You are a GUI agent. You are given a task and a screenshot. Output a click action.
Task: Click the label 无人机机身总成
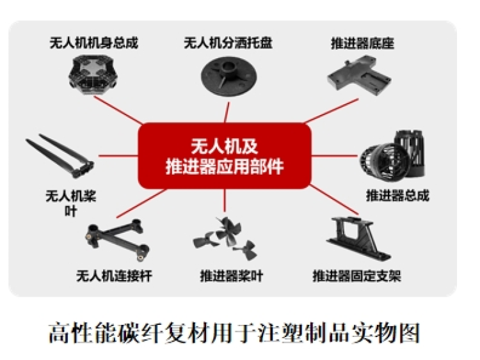pos(93,43)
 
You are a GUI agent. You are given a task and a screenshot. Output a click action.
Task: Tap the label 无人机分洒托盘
pos(228,43)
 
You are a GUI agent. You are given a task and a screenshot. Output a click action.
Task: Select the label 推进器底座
pos(362,43)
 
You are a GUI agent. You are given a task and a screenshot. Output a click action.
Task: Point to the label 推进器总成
pos(397,196)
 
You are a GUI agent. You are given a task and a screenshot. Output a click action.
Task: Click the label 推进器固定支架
pos(356,276)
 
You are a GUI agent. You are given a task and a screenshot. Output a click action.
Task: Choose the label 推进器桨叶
pos(232,276)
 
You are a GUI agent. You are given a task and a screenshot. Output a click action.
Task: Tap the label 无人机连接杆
pos(114,276)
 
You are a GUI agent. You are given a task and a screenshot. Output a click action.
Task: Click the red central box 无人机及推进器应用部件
pos(225,156)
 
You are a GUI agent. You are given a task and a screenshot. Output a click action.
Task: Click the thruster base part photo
pos(359,74)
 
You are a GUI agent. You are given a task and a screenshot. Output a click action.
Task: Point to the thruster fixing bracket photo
pos(358,238)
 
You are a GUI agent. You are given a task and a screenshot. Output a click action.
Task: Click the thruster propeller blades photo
pos(226,238)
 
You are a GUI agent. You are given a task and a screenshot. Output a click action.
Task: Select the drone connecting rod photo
pos(117,239)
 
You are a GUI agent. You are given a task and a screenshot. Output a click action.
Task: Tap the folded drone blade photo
pos(60,155)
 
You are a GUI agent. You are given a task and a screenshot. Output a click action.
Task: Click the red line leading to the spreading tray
pos(227,113)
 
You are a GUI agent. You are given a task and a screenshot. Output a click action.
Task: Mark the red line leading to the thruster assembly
pos(334,155)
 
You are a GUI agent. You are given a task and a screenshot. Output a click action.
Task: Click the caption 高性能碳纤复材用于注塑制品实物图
pos(234,333)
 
